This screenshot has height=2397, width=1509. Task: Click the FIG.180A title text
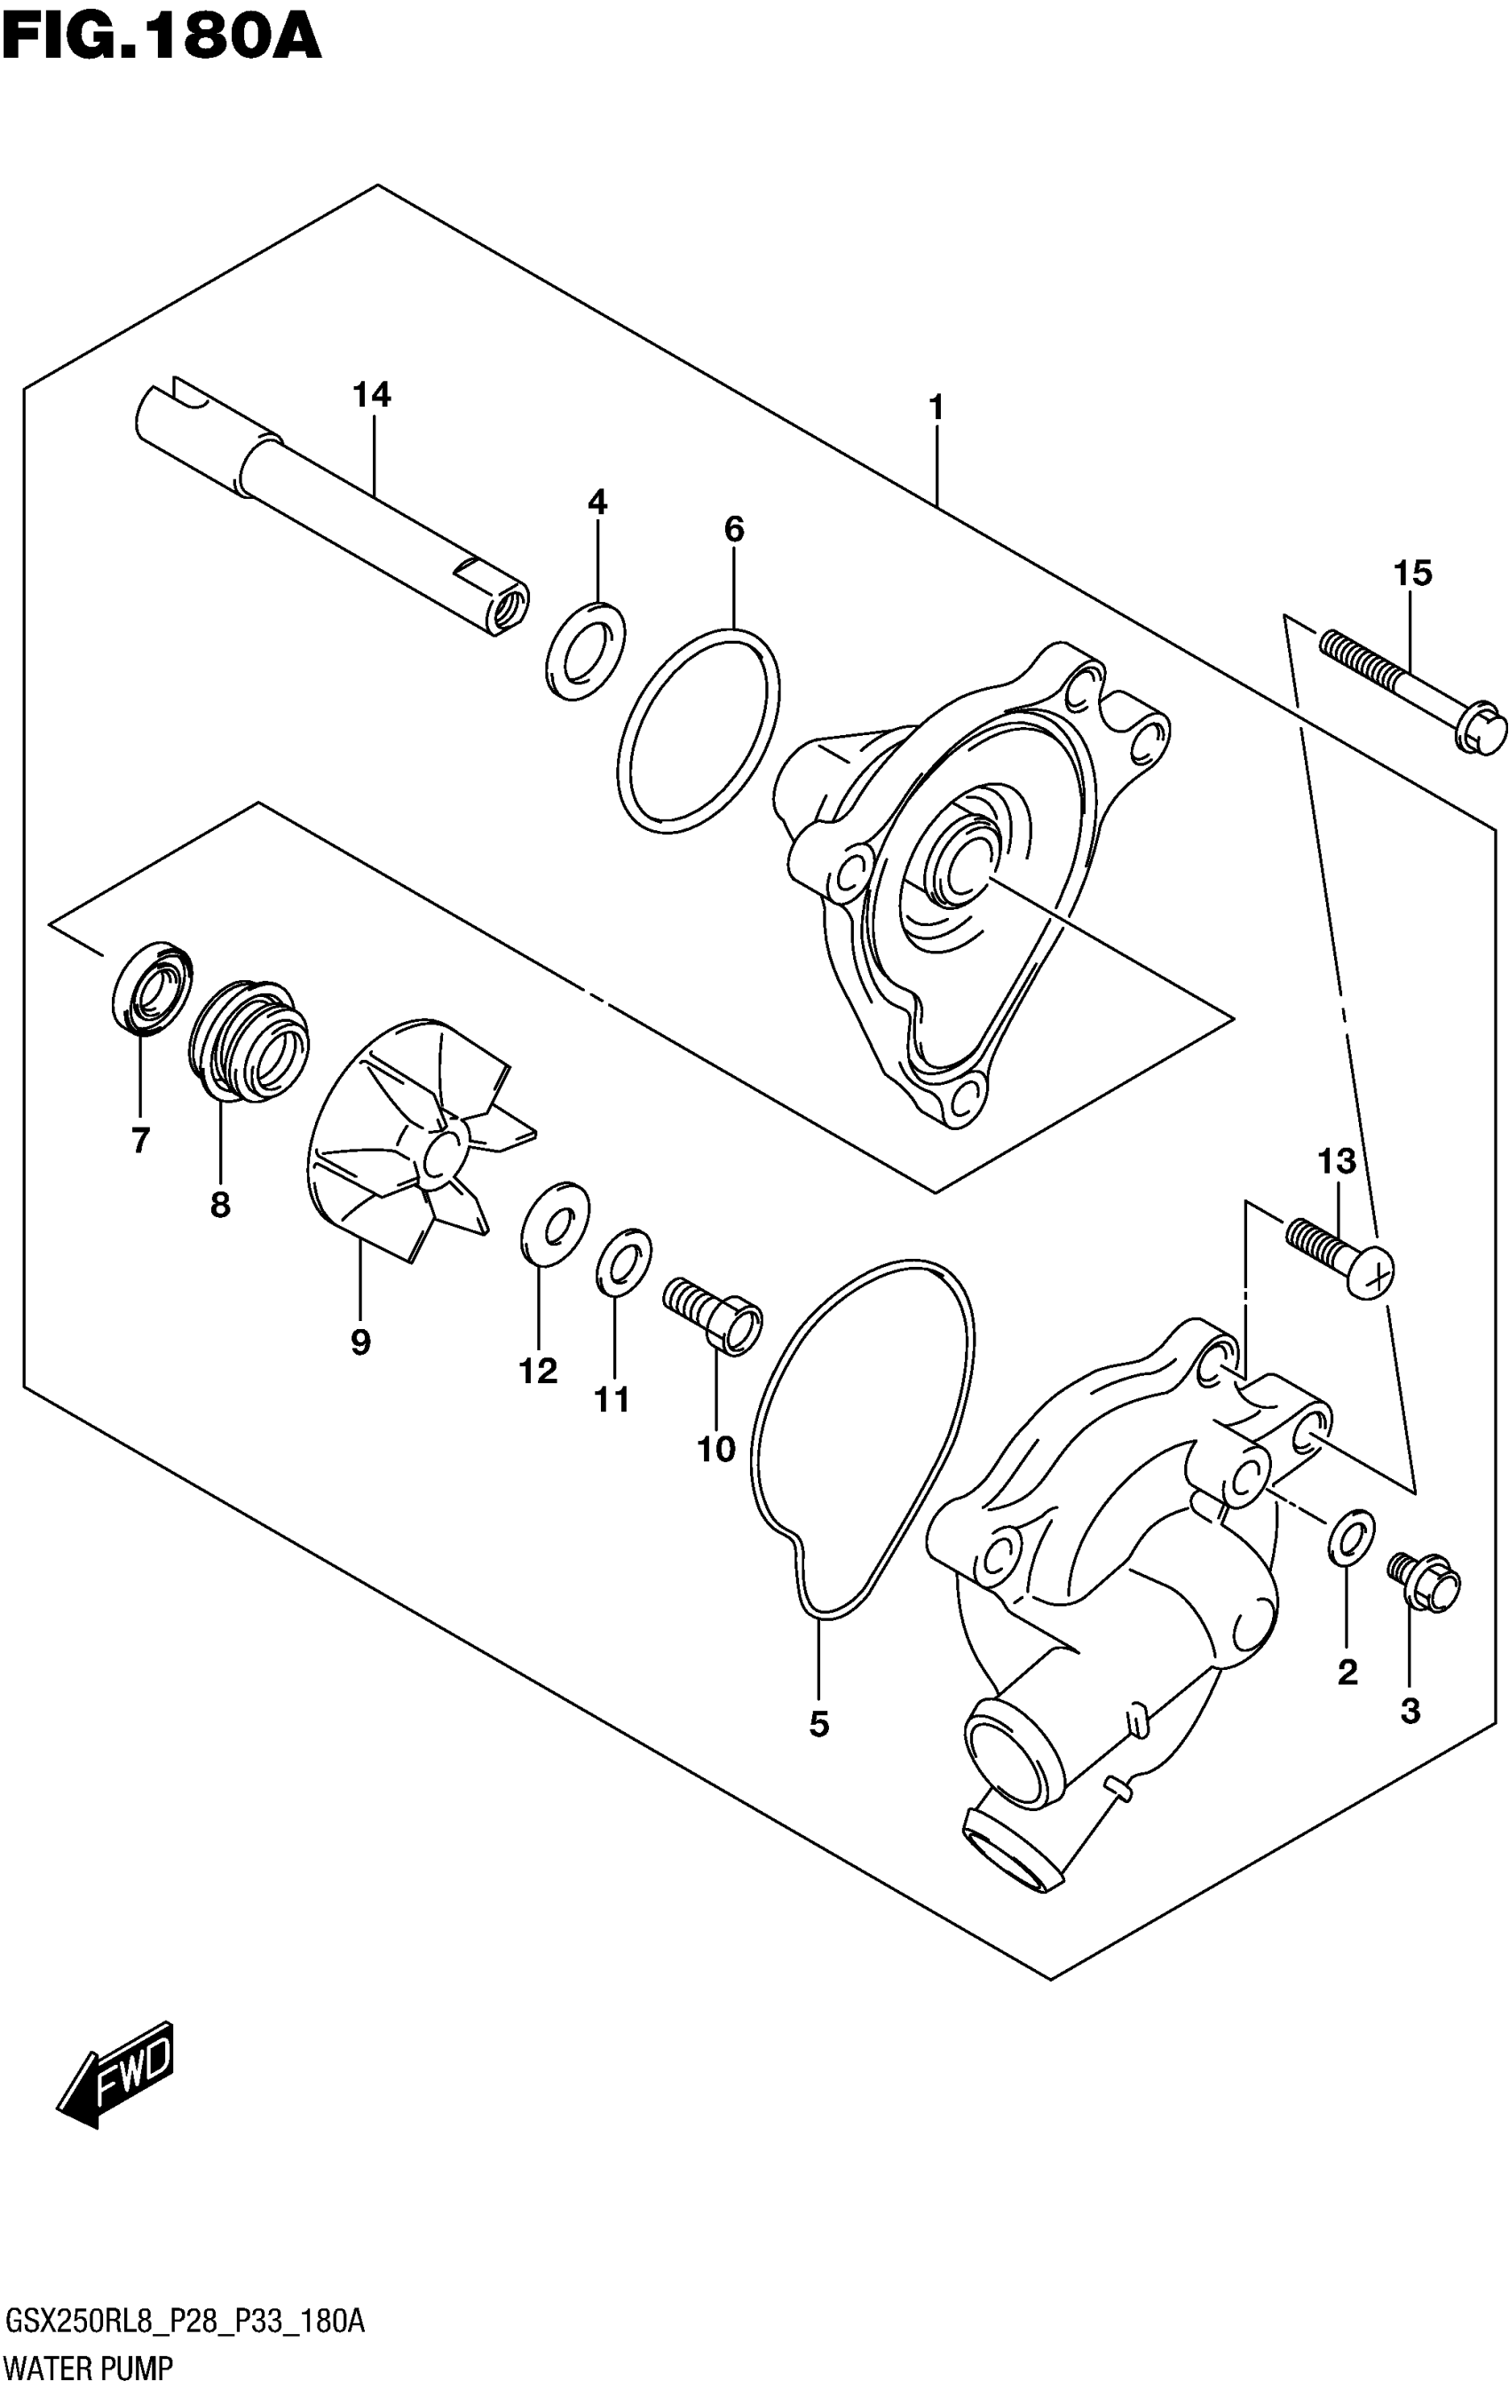point(162,38)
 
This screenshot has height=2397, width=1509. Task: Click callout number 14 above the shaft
point(371,395)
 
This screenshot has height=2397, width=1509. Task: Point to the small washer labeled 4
point(586,650)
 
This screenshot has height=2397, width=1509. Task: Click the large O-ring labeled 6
point(699,729)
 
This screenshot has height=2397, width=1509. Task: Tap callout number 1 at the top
point(935,407)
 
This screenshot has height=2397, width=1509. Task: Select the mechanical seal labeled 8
point(249,1040)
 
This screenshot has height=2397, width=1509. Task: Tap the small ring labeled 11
point(624,1263)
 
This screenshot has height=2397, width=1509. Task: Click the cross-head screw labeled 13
point(1339,1256)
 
